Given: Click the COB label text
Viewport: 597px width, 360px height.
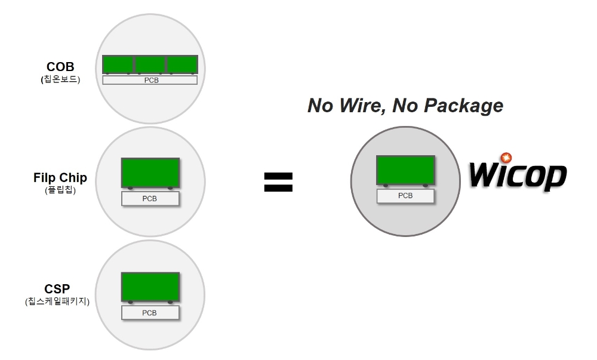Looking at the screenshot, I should tap(60, 67).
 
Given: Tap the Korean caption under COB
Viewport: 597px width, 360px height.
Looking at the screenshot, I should tap(60, 79).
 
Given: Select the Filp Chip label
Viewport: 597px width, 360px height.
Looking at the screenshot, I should tap(60, 178).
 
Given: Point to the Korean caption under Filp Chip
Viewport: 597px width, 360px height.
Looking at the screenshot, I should tap(60, 190).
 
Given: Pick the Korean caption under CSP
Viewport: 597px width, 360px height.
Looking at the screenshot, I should tap(57, 302).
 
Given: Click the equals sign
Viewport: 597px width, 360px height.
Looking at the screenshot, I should tap(278, 182).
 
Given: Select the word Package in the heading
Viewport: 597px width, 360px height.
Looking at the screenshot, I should tap(463, 106).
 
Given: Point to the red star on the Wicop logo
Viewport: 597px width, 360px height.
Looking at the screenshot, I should tap(507, 158).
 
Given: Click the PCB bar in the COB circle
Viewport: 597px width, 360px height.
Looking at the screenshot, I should tap(150, 80).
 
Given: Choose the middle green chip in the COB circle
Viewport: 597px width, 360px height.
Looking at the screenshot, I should tap(150, 64).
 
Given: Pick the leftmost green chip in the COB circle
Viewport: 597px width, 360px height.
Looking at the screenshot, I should tap(118, 64).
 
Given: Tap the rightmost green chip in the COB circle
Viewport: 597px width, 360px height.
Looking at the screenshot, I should tap(182, 64).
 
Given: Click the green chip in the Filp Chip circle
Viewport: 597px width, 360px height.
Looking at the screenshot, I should tap(150, 173).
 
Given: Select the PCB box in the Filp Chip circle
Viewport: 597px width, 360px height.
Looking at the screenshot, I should tap(150, 199).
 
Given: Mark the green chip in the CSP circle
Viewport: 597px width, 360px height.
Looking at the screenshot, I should tap(150, 287).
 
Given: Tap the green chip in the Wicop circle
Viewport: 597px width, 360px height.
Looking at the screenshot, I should tap(405, 170).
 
